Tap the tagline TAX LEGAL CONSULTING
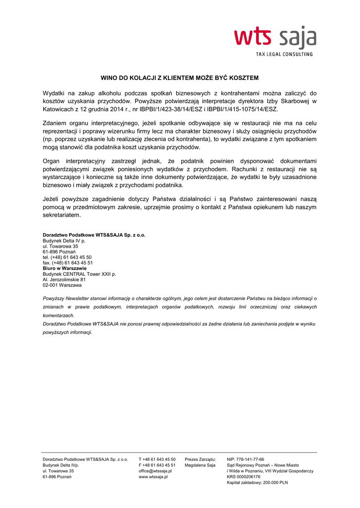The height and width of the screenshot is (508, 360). tap(284, 54)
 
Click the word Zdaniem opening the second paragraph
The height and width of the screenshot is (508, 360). tap(56, 123)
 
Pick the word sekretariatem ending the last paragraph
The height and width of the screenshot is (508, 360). tap(61, 215)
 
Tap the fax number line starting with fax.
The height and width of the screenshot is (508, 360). tap(68, 263)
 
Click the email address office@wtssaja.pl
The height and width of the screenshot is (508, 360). tap(155, 471)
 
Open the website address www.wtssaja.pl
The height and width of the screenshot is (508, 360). tap(153, 477)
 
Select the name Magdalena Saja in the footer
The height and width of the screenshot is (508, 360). tap(200, 465)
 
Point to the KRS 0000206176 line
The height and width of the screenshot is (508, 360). tap(243, 477)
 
